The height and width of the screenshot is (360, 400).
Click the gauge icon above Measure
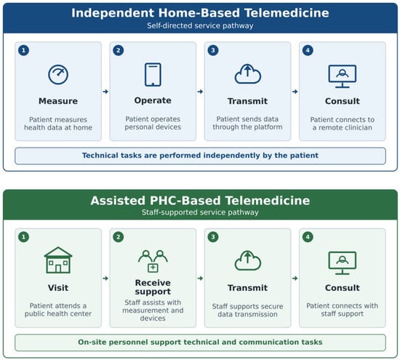pyautogui.click(x=58, y=74)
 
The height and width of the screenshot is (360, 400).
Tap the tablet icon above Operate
pyautogui.click(x=153, y=74)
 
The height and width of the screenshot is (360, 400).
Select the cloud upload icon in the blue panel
pyautogui.click(x=248, y=74)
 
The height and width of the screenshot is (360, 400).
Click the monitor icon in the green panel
pyautogui.click(x=343, y=263)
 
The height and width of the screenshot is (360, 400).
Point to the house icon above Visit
pyautogui.click(x=58, y=260)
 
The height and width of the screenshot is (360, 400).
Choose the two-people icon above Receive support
pyautogui.click(x=153, y=261)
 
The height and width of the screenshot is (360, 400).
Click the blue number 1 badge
pyautogui.click(x=24, y=50)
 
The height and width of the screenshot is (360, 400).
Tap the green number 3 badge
pyautogui.click(x=213, y=237)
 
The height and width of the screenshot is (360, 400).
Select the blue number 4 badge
pyautogui.click(x=308, y=50)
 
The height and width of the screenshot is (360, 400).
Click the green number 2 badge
pyautogui.click(x=119, y=237)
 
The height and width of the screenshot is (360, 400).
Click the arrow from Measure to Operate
pyautogui.click(x=105, y=92)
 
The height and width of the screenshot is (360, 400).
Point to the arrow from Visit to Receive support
pyautogui.click(x=105, y=279)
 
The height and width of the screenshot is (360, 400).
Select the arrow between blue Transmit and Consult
pyautogui.click(x=295, y=92)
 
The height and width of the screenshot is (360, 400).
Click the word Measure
pyautogui.click(x=58, y=101)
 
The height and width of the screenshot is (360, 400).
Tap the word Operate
pyautogui.click(x=153, y=100)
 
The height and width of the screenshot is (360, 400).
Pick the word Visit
pyautogui.click(x=58, y=288)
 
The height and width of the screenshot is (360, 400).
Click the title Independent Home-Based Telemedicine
pyautogui.click(x=200, y=13)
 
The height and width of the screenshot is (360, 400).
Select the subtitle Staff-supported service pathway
pyautogui.click(x=200, y=212)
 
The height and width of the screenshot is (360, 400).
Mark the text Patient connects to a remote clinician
pyautogui.click(x=343, y=124)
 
